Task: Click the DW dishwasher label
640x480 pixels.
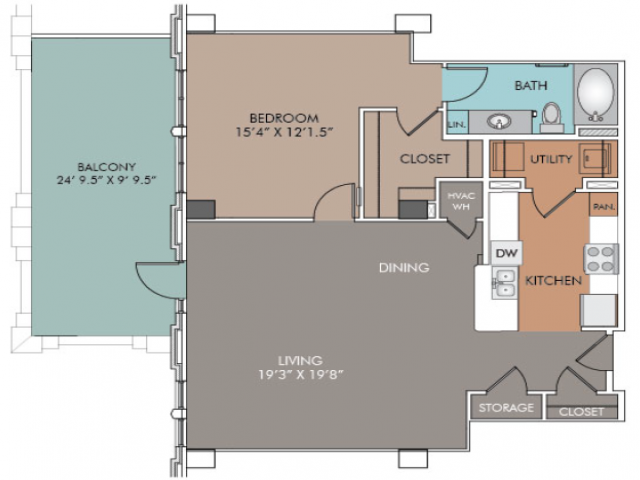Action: (x=506, y=253)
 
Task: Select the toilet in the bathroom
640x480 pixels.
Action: (x=551, y=117)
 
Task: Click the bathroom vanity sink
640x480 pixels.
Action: (x=499, y=122)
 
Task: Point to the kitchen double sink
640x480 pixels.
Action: (x=505, y=283)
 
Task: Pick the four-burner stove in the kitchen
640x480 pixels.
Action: (x=602, y=259)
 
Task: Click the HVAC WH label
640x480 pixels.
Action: (x=461, y=201)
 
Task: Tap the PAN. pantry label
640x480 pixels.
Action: (x=604, y=207)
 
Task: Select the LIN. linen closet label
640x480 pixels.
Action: (x=457, y=124)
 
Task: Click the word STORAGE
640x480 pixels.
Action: (x=506, y=407)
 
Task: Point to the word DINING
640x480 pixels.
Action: (x=404, y=268)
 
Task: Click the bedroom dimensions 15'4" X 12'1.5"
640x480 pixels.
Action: (x=284, y=132)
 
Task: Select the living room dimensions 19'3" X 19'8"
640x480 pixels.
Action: (x=300, y=374)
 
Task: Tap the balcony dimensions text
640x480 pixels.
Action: (x=107, y=180)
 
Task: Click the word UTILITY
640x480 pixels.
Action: (x=551, y=159)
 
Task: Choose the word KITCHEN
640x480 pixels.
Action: (x=553, y=280)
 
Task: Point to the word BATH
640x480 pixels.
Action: (x=531, y=85)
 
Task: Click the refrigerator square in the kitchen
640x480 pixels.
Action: (x=599, y=311)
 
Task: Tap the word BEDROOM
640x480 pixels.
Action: (x=284, y=118)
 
